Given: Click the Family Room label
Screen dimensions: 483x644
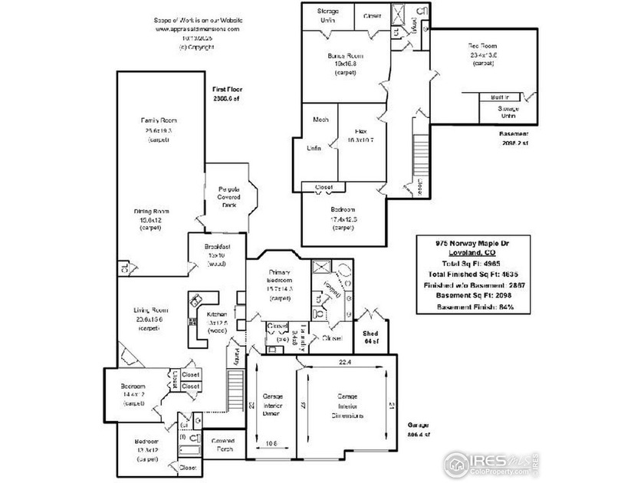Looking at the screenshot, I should pos(159,121).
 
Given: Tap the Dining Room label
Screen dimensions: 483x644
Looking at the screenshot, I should pos(152,212).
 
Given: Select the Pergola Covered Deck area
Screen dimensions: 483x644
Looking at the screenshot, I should pos(230,196).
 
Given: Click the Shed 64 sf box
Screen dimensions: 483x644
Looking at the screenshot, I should pos(373,337).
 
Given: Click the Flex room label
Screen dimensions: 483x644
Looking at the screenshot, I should pos(357,131).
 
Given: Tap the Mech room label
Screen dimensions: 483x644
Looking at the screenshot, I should pos(320,120).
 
